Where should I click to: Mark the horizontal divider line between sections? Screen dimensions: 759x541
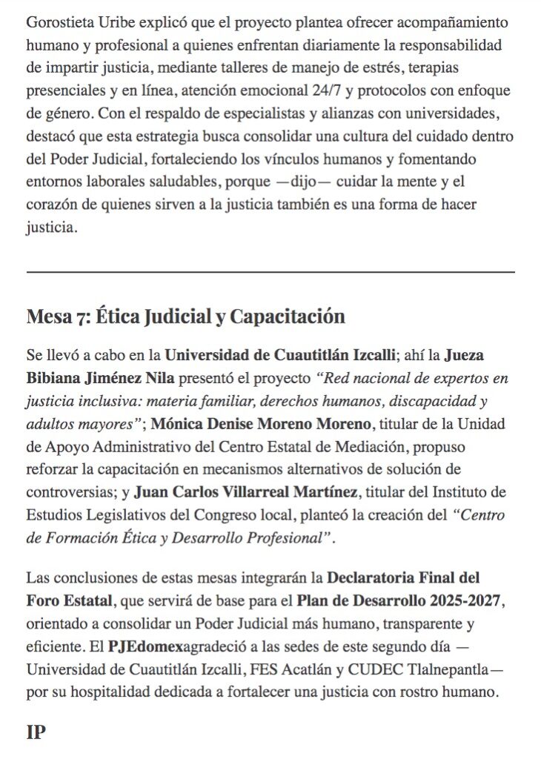pyautogui.click(x=270, y=273)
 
